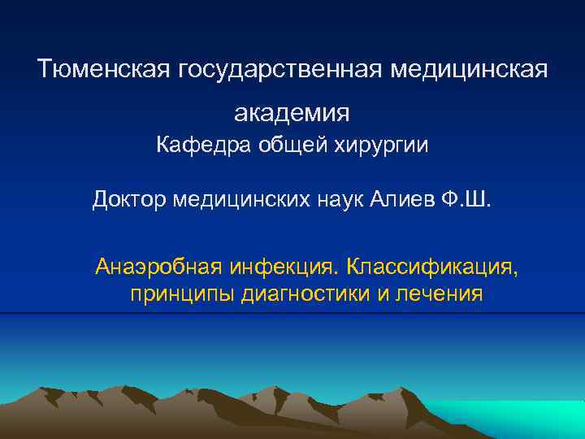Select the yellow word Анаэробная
pyautogui.click(x=158, y=267)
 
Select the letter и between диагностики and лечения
pyautogui.click(x=383, y=293)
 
